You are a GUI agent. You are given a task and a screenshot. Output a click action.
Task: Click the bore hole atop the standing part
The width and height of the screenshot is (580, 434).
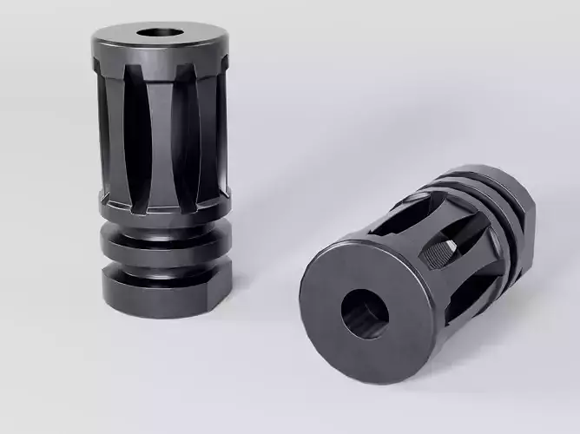tap(161, 34)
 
